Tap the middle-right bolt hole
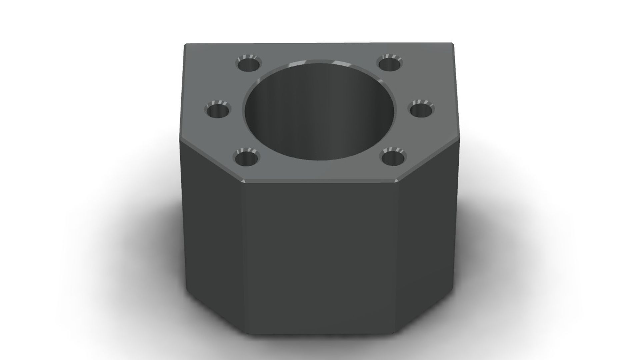coord(421,110)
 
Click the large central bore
coord(319,111)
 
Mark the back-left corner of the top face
coord(186,44)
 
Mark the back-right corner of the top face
coord(453,43)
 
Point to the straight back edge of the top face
coord(319,43)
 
